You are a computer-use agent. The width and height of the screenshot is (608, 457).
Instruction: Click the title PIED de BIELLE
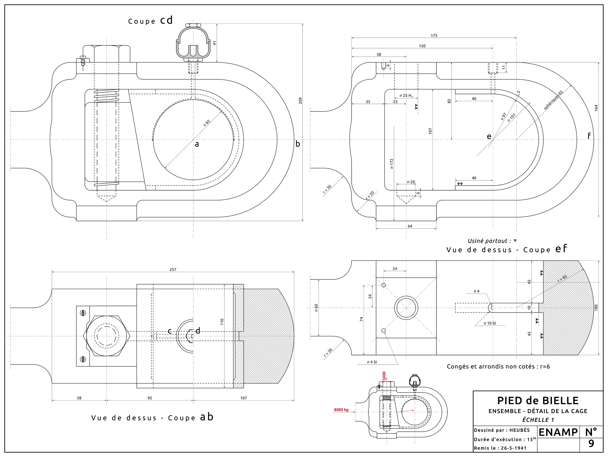pos(538,401)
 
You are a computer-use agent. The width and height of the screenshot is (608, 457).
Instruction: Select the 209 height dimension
pos(300,100)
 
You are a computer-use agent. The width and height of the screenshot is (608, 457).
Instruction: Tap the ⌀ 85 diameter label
pos(207,123)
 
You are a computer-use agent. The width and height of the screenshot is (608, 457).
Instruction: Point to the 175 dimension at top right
pos(434,36)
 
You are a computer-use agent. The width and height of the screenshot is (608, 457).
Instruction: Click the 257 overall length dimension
pos(173,269)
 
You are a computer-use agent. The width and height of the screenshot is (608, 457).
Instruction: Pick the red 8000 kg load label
pos(341,410)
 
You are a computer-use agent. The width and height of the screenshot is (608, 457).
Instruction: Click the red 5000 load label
pos(384,376)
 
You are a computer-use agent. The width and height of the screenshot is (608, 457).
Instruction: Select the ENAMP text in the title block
pos(558,432)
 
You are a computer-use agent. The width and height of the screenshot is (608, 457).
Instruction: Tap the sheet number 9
pos(591,444)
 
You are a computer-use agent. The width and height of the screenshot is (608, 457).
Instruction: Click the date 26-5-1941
pos(514,448)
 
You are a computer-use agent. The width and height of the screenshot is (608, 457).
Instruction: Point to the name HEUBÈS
pos(520,430)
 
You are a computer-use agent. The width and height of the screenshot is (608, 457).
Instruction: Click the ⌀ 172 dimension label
pos(392,164)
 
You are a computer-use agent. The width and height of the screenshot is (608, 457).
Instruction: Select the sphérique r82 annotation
pos(553,100)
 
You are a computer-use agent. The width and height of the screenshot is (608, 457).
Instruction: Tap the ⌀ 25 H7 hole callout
pos(406,96)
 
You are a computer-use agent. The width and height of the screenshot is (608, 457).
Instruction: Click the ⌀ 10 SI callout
pos(490,323)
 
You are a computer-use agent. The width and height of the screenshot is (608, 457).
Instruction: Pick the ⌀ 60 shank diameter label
pos(316,308)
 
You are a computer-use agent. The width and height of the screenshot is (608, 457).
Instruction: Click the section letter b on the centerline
pos(298,144)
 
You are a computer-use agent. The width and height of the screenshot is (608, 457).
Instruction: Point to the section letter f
pos(589,136)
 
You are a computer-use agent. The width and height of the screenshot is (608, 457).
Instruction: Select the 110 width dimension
pos(222,322)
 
